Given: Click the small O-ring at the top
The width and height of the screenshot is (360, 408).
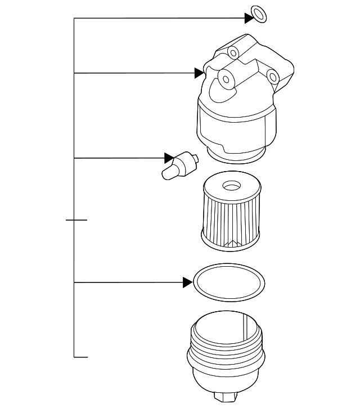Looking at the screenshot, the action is tap(258, 14).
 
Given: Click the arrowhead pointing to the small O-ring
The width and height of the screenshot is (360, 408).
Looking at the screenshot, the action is tap(249, 18).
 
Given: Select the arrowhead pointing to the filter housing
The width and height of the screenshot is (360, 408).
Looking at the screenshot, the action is tap(199, 73).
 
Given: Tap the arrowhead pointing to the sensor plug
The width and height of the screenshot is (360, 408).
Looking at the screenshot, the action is tap(168, 158).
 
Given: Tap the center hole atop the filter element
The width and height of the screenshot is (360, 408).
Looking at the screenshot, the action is tap(231, 185).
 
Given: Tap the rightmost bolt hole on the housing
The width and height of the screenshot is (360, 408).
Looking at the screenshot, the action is tap(272, 75).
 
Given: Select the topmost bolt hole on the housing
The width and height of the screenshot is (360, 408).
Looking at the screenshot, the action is tap(233, 53).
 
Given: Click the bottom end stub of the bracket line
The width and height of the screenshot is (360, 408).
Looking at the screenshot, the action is tap(82, 357).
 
